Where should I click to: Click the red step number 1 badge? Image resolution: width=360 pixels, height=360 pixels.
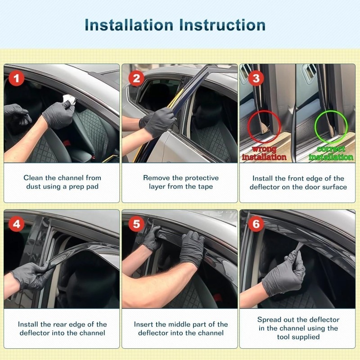tap(16, 78)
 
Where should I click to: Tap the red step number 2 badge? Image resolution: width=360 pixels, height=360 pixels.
tap(136, 78)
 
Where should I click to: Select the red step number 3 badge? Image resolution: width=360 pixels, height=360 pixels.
tap(256, 78)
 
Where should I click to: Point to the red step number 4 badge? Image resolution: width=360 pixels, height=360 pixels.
tap(16, 224)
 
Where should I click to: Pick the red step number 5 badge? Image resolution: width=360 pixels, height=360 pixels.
tap(136, 224)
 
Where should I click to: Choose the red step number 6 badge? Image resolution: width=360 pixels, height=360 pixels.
tap(256, 224)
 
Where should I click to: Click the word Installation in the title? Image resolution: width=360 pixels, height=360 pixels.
tap(129, 25)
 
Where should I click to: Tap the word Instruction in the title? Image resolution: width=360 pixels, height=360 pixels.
tap(222, 25)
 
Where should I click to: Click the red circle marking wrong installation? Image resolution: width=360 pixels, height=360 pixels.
tap(264, 126)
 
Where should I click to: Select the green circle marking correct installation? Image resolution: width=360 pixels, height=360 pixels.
tap(331, 126)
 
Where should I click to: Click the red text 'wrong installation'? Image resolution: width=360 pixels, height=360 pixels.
tap(264, 153)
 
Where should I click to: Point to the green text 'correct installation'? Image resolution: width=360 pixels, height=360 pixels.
tap(331, 153)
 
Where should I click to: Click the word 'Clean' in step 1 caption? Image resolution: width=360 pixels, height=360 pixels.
tap(33, 178)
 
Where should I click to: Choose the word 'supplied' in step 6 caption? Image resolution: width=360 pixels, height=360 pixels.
tap(305, 337)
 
